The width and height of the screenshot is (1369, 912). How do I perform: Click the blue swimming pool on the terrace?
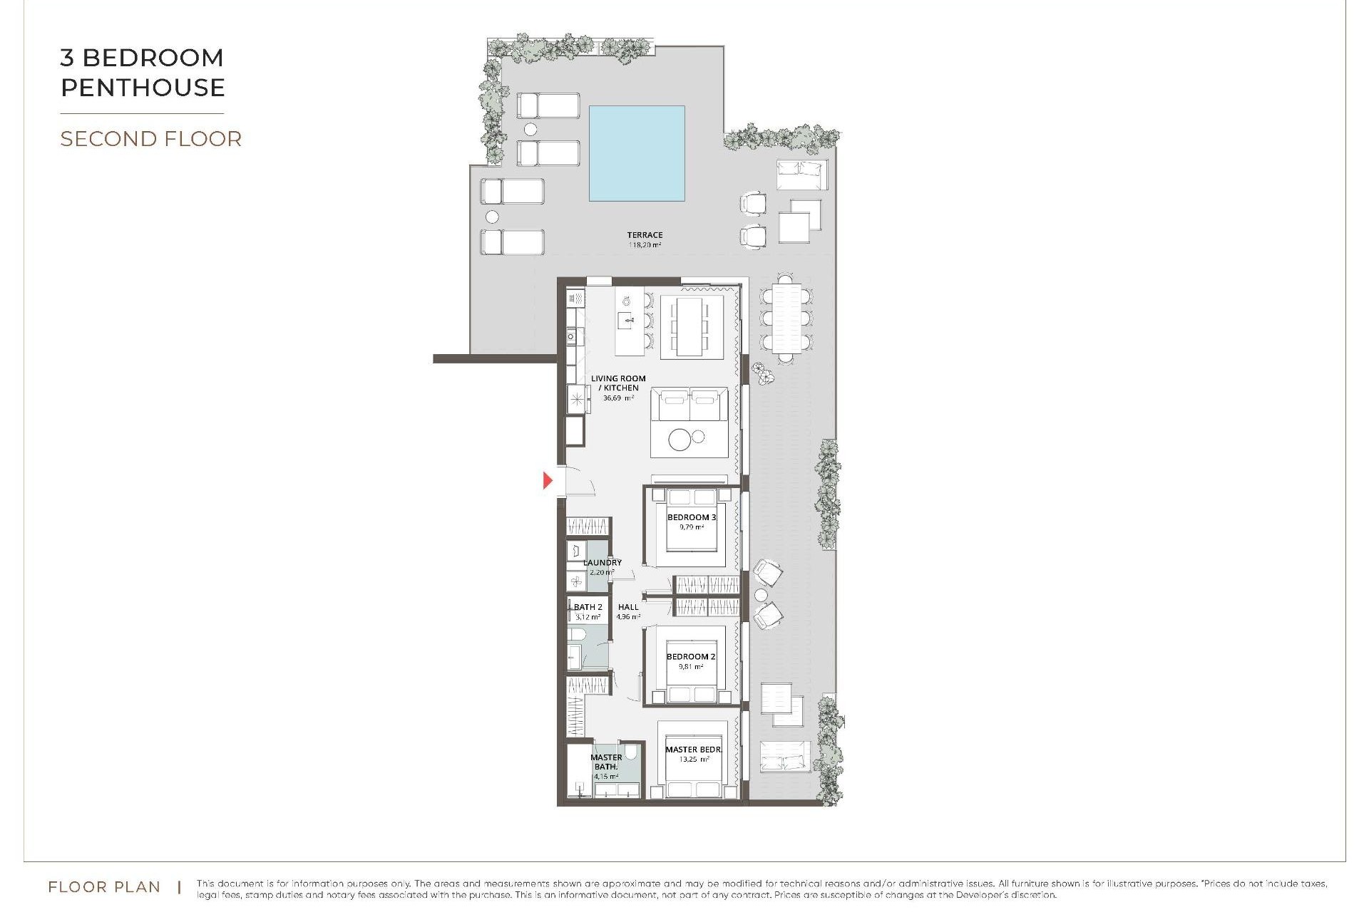coord(637,153)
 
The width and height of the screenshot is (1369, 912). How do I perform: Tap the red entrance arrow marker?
coord(548,480)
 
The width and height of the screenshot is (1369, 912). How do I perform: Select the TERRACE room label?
coord(645,234)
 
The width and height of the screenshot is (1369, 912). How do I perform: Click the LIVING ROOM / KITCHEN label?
coord(618,383)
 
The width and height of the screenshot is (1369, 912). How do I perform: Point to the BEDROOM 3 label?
coord(691,517)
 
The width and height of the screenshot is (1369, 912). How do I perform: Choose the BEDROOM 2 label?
coord(690,656)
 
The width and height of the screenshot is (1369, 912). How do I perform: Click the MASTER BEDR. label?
coord(693,750)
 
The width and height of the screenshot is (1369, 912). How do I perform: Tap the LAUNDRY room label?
coord(603,562)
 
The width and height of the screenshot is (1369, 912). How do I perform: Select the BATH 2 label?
coord(588,607)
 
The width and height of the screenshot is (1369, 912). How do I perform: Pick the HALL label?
coord(628,607)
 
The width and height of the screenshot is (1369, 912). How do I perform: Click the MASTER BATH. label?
coord(606,762)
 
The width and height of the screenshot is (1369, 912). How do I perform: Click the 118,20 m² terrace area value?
coord(645,245)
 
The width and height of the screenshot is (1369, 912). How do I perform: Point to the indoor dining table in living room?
coord(689,326)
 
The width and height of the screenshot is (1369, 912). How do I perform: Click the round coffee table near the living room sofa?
coord(680,440)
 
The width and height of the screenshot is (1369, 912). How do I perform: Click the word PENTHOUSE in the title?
coord(143,88)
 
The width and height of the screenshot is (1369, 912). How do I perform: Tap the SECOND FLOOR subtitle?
coord(151,139)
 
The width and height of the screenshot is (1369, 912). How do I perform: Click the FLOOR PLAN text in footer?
coord(104,887)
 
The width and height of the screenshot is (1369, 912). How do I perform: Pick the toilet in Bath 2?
coord(578,634)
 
